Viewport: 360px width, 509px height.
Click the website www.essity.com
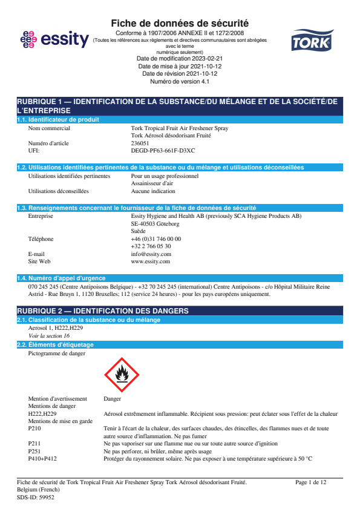coord(150,261)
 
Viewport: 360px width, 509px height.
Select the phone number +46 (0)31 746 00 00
coord(155,239)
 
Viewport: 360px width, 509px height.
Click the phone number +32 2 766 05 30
coord(151,246)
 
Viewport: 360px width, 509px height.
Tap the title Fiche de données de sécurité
coord(180,23)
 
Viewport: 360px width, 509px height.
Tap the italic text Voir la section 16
coord(49,335)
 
